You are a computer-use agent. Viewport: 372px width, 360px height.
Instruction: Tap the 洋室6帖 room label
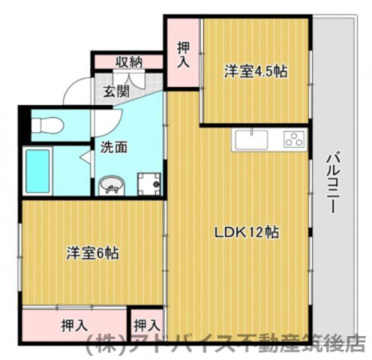92,252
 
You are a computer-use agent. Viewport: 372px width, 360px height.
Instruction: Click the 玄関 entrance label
116,92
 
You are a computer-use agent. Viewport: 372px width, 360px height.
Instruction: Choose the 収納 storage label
129,61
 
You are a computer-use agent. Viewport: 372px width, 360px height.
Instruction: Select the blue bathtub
37,171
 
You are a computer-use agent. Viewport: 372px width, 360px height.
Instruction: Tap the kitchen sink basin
250,140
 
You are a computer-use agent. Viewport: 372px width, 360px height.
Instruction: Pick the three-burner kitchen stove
292,139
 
